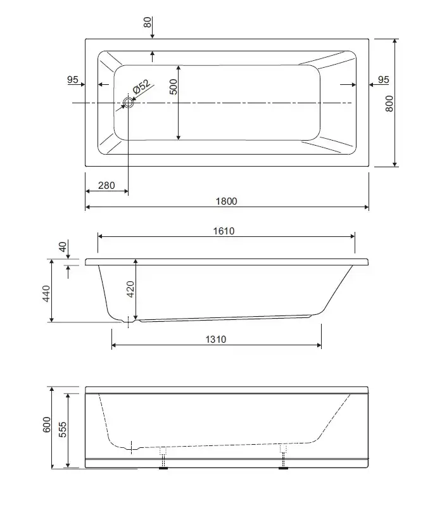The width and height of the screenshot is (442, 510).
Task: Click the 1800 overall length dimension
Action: pos(227,201)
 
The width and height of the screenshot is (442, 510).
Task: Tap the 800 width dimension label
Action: pos(389,103)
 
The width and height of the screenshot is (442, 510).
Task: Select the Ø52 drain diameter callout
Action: pos(142,87)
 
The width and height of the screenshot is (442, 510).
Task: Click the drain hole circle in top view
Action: pos(128,103)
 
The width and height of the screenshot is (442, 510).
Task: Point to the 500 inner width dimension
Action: pos(174,87)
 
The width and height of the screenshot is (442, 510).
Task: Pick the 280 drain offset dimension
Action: pos(106,186)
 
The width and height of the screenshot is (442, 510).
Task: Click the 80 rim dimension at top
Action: pos(148,22)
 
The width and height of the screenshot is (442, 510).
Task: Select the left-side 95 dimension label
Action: pos(72,79)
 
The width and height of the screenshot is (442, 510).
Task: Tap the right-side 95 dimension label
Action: pos(384,79)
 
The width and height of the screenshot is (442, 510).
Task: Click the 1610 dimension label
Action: pos(224,231)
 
